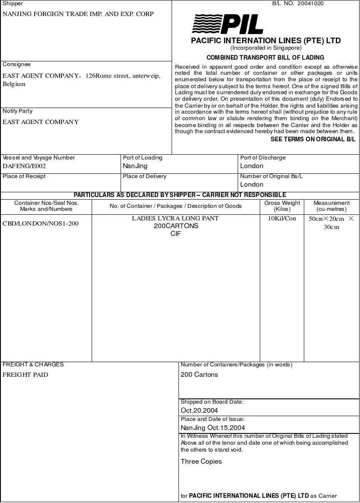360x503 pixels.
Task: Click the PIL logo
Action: [x=227, y=24]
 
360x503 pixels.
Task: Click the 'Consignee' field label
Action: [x=16, y=64]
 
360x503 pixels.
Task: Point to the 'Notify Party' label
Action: [x=17, y=111]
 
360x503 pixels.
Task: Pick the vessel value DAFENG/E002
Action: [x=24, y=166]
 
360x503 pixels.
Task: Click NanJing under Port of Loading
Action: [x=135, y=166]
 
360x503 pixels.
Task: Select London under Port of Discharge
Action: [x=252, y=166]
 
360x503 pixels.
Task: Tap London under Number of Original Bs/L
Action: [x=252, y=185]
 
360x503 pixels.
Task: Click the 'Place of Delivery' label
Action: [x=144, y=176]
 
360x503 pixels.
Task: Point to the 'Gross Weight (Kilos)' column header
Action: [x=282, y=206]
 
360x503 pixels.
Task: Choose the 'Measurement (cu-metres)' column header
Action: [x=331, y=206]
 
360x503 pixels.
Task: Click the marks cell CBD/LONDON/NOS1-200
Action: [x=41, y=223]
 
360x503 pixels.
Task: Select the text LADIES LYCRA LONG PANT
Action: [x=175, y=218]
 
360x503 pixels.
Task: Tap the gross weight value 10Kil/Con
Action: [x=282, y=218]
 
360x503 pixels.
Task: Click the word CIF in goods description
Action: [x=175, y=234]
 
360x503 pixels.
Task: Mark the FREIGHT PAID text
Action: [x=25, y=375]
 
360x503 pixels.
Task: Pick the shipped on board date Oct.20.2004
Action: [x=199, y=411]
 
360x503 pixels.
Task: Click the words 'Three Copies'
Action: [x=201, y=462]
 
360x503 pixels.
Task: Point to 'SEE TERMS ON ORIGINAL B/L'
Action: [x=313, y=139]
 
